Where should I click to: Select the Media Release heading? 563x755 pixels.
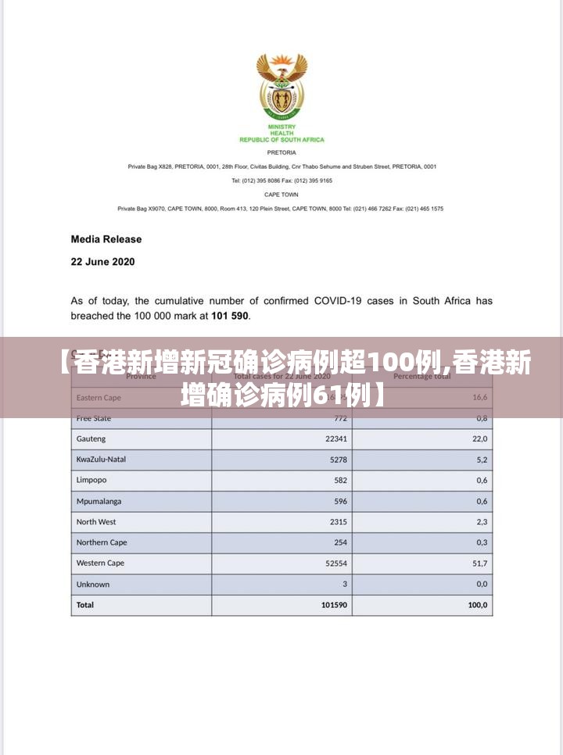coord(106,239)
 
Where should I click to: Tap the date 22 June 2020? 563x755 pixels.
coord(102,262)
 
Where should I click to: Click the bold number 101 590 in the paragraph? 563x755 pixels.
coord(228,316)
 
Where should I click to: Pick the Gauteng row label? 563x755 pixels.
coord(91,439)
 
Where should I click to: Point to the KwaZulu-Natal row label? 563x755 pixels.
coord(101,460)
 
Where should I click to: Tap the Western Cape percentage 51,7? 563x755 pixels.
coord(479,564)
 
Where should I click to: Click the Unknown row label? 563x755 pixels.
coord(93,584)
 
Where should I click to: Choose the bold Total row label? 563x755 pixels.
coord(84,605)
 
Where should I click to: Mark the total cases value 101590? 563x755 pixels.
coord(334,605)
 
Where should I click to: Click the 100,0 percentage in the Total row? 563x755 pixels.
coord(477,605)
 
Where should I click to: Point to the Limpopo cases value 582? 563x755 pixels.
coord(339,481)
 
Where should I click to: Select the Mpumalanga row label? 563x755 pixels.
coord(99,501)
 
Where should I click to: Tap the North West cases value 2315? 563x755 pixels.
coord(337,522)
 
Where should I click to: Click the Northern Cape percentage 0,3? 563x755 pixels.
coord(481,542)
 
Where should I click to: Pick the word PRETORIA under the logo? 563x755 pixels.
coord(281,152)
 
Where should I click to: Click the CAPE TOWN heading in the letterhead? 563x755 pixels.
coord(281,195)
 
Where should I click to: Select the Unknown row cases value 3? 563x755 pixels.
coord(344,584)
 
